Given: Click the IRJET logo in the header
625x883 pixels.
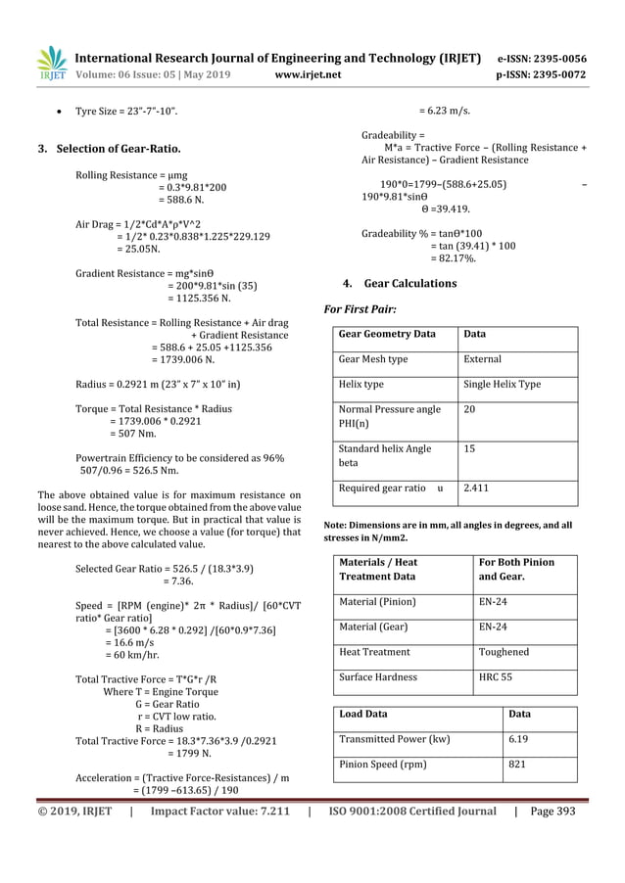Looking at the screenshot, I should (x=51, y=61).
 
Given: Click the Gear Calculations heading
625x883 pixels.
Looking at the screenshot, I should (x=409, y=283).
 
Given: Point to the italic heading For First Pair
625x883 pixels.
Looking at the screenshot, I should (x=360, y=309).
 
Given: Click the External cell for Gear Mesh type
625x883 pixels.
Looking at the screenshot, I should (x=482, y=359).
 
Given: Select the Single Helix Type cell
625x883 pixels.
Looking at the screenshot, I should (x=502, y=385).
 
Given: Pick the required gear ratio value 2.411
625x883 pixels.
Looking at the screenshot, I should (x=476, y=487).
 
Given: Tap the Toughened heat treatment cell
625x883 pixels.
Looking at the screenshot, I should (x=503, y=651).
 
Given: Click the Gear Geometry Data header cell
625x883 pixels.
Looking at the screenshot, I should (x=387, y=334).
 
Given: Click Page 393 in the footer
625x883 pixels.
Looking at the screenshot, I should (x=553, y=811).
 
